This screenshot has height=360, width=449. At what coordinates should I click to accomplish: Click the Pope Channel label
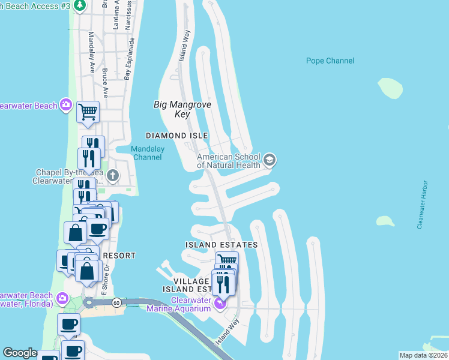pyautogui.click(x=330, y=61)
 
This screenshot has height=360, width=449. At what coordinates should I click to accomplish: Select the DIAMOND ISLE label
pyautogui.click(x=173, y=136)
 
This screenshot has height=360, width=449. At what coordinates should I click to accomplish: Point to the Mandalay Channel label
pyautogui.click(x=147, y=153)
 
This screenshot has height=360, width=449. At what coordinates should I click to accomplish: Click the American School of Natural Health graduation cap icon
pyautogui.click(x=270, y=159)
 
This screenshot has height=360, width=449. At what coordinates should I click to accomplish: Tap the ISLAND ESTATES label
pyautogui.click(x=221, y=245)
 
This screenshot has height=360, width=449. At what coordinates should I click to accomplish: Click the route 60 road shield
pyautogui.click(x=116, y=303)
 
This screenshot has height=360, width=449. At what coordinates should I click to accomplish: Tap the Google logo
pyautogui.click(x=20, y=353)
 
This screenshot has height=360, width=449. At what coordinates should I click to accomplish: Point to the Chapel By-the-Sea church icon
pyautogui.click(x=113, y=176)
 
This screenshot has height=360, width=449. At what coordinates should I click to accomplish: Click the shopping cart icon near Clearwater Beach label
pyautogui.click(x=88, y=111)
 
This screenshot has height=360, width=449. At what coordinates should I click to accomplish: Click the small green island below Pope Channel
pyautogui.click(x=390, y=88)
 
